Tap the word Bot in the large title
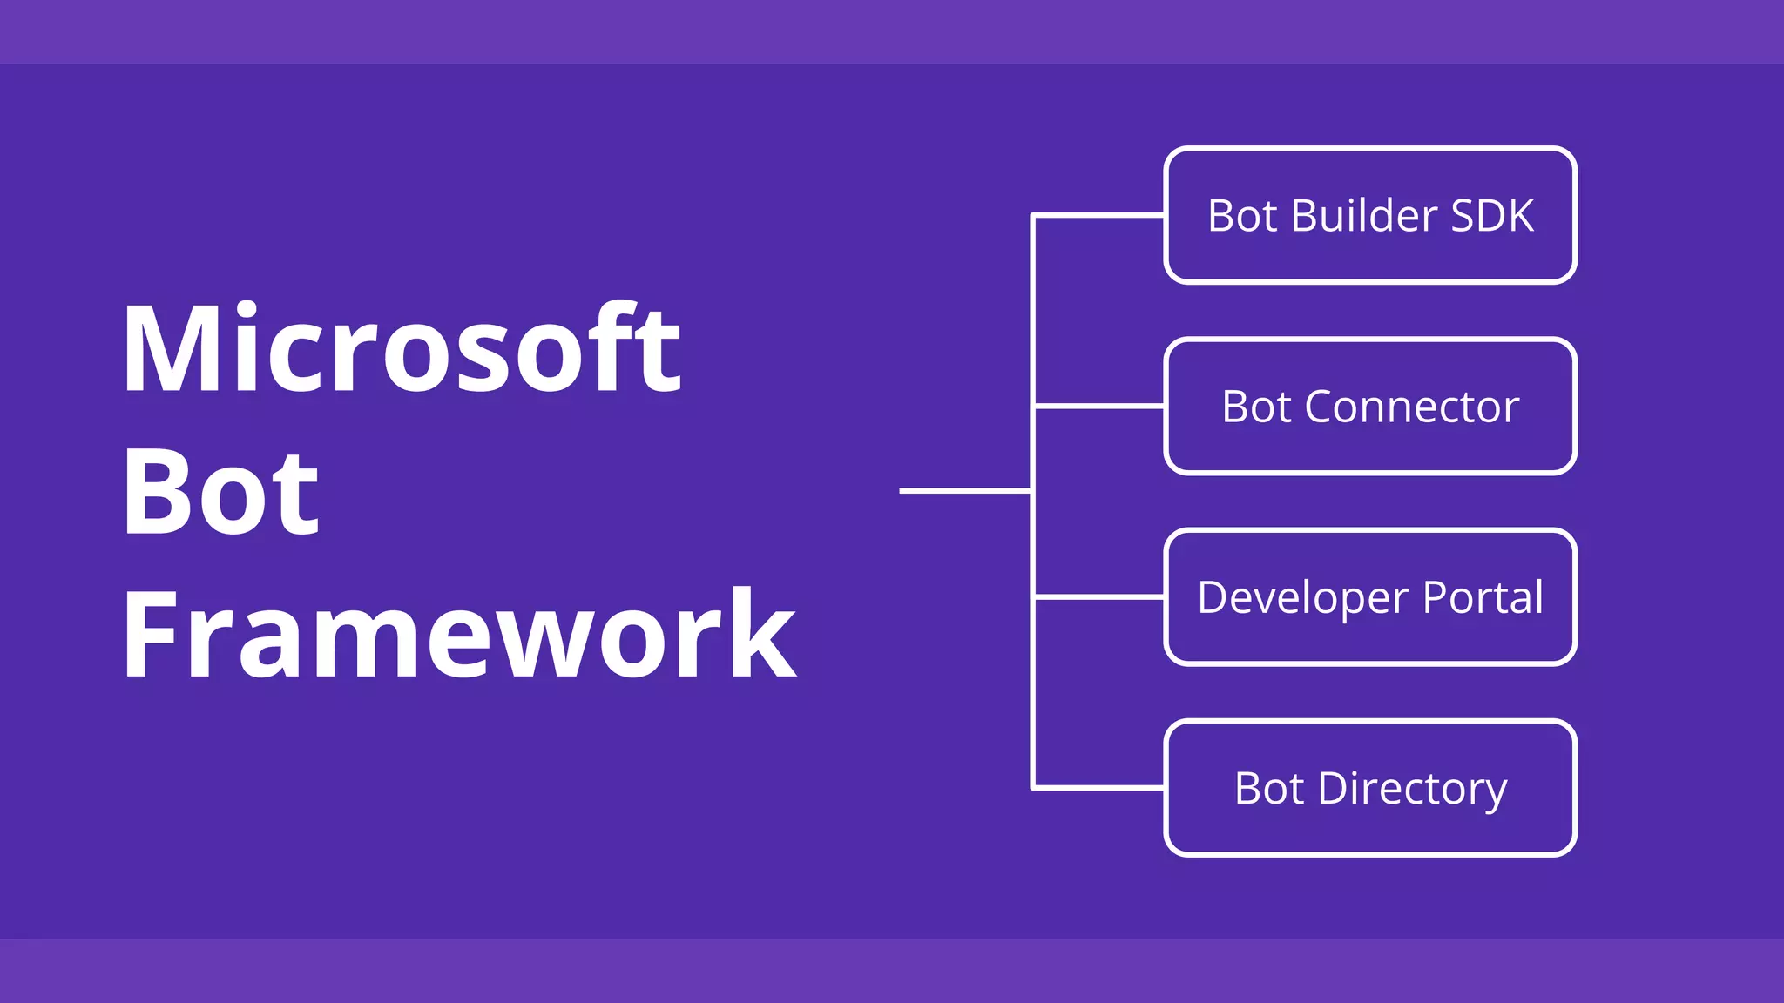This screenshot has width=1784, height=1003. (221, 492)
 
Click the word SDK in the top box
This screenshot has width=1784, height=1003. (1492, 216)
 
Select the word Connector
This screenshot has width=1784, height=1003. (1412, 407)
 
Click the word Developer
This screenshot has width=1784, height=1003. (1303, 598)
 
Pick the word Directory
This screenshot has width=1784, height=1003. (1412, 790)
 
